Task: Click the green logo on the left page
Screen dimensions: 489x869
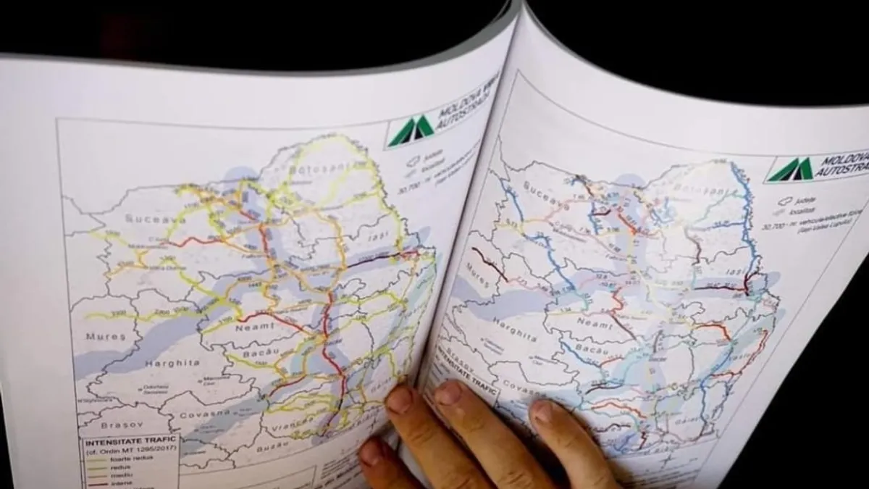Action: tap(409, 131)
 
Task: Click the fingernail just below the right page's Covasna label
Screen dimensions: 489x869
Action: tap(546, 413)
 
